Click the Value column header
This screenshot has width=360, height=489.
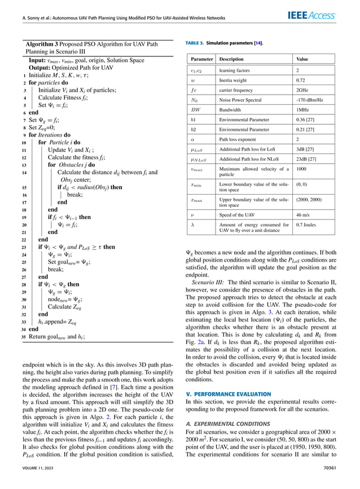302,59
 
